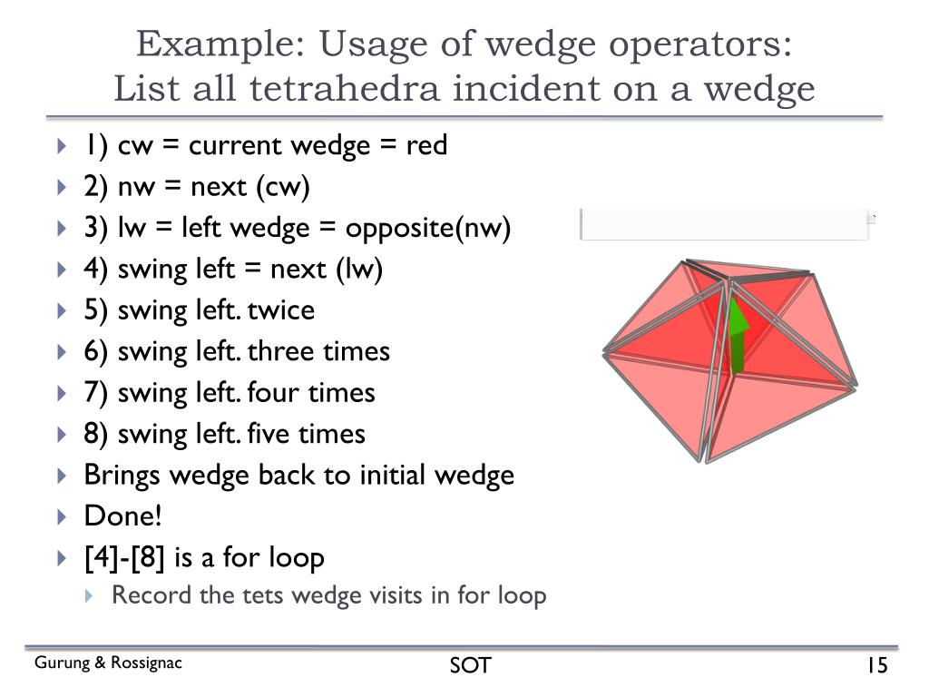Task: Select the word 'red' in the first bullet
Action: tap(426, 145)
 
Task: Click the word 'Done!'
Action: tap(123, 516)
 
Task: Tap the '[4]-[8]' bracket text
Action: tap(123, 557)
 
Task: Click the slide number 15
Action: tap(875, 666)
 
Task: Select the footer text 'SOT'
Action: tap(470, 666)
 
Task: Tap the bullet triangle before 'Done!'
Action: tap(62, 517)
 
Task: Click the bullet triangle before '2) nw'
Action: tap(62, 188)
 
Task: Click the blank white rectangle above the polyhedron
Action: tap(724, 224)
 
